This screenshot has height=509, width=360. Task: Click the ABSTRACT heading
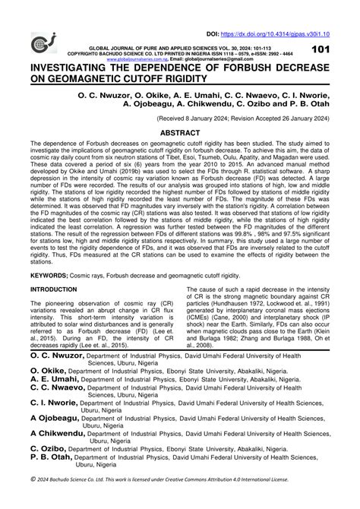pyautogui.click(x=180, y=131)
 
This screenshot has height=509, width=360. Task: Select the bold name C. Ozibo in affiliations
pyautogui.click(x=53, y=469)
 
